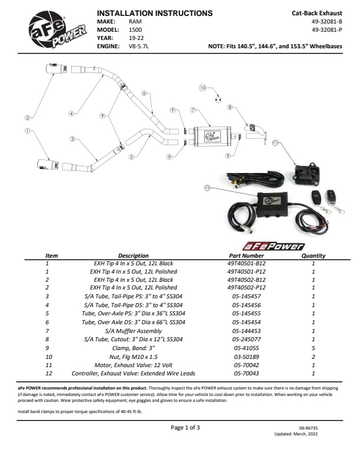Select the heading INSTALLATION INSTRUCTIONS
tap(154, 13)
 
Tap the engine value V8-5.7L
tap(139, 45)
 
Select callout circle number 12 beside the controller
tap(206, 188)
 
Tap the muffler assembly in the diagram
tap(212, 135)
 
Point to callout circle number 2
tap(27, 118)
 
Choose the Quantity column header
tap(313, 256)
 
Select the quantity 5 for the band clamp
tap(313, 348)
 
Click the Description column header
tap(134, 256)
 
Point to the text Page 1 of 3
tap(185, 427)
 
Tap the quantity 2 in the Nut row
tap(313, 356)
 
